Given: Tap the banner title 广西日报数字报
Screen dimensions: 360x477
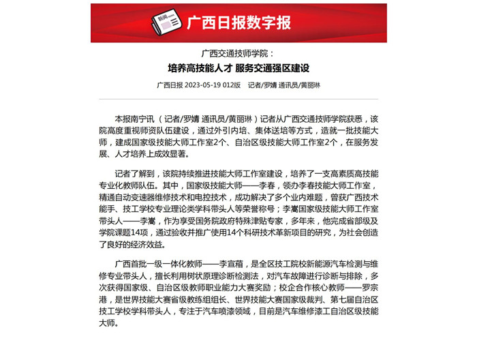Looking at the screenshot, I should [x=238, y=23].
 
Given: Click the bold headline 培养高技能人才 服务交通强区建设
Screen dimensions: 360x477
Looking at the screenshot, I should [x=238, y=68].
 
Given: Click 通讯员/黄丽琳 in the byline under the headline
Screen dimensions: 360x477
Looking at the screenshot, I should [x=301, y=86].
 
